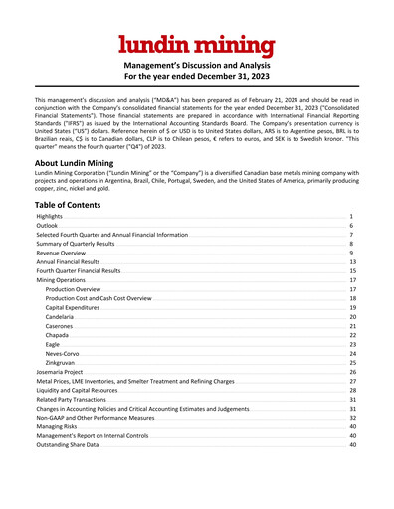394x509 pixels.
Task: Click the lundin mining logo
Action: point(196,44)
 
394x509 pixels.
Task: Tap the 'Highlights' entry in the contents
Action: point(50,216)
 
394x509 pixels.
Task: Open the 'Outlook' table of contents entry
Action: point(48,226)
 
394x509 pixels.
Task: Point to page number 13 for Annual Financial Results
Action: point(352,262)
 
